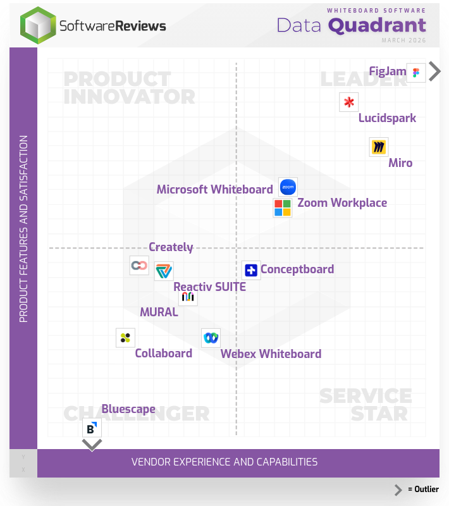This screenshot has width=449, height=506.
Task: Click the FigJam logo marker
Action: (415, 73)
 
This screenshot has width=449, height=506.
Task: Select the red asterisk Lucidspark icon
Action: (348, 102)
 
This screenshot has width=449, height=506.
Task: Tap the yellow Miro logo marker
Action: (378, 147)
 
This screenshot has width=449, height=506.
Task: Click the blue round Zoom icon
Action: (288, 187)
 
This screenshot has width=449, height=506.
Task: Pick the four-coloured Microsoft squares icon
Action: (283, 207)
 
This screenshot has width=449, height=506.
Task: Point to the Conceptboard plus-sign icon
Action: (251, 270)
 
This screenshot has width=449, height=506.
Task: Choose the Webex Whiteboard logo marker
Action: (211, 338)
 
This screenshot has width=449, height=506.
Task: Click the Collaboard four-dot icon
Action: (125, 338)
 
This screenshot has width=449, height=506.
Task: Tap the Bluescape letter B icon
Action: (92, 428)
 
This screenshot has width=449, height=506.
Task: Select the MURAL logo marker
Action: (188, 297)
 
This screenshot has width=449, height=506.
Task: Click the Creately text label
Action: (171, 247)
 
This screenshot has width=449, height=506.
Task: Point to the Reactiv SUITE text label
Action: (209, 287)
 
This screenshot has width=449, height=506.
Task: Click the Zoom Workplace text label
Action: (342, 203)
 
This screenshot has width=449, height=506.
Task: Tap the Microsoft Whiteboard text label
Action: (214, 189)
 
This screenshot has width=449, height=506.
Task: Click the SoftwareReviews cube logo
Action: (38, 25)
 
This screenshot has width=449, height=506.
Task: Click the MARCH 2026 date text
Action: (403, 40)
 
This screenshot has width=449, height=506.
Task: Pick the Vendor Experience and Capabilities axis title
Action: (225, 462)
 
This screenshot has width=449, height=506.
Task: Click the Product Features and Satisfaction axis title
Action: (23, 229)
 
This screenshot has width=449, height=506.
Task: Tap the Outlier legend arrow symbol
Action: (398, 490)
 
